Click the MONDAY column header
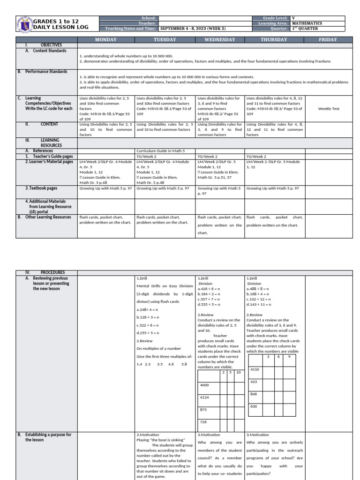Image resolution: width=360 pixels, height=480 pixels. click(106, 40)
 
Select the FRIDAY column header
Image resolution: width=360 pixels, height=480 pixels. click(328, 40)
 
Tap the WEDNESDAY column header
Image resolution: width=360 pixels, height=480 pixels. click(220, 40)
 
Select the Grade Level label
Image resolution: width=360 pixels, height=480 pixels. click(277, 18)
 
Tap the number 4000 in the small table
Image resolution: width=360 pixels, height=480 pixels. click(205, 385)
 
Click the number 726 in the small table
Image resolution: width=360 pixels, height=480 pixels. click(203, 422)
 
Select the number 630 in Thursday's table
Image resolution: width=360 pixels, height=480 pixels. click(254, 406)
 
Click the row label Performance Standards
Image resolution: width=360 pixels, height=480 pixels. click(45, 72)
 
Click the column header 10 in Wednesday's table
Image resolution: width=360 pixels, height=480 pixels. click(238, 373)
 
